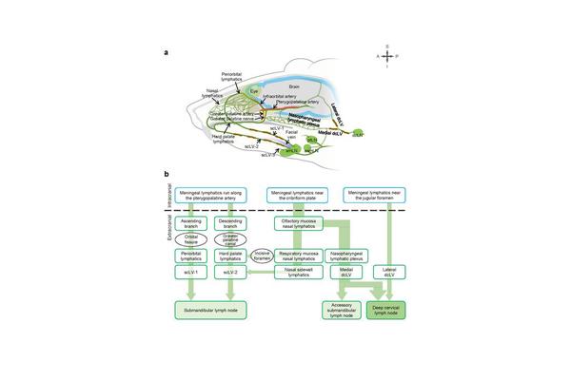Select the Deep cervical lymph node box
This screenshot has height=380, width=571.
point(390,309)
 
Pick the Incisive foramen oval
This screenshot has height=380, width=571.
point(262,256)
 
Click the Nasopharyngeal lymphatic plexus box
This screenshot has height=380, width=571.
point(346,256)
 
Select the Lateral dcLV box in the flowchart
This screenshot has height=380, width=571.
point(390,271)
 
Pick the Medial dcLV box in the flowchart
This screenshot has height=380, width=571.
point(346,271)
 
